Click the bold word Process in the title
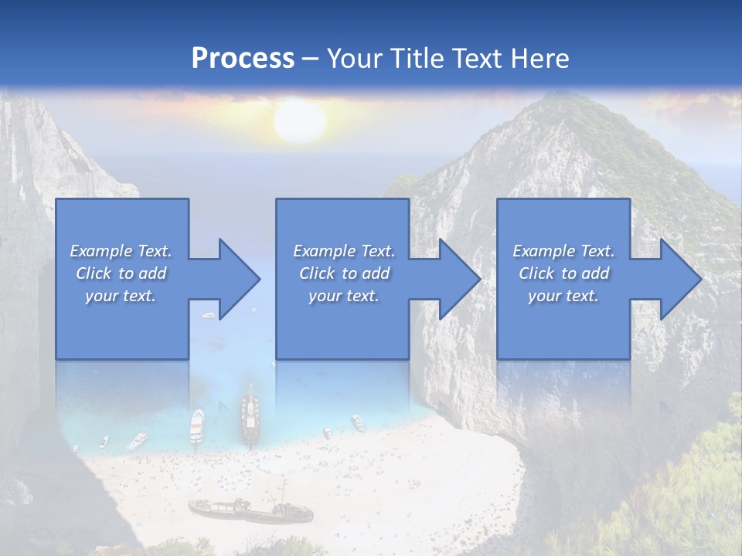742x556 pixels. (243, 58)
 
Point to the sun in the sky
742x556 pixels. (299, 121)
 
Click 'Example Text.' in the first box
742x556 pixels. (121, 251)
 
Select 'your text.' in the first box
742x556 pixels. (121, 296)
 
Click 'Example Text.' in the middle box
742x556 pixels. (344, 251)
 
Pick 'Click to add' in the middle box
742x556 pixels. (344, 273)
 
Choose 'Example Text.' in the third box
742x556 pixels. (563, 251)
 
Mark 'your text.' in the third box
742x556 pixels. (563, 296)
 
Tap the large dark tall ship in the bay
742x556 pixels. (250, 413)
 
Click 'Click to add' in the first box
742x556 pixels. (121, 273)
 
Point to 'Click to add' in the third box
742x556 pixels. (563, 273)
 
